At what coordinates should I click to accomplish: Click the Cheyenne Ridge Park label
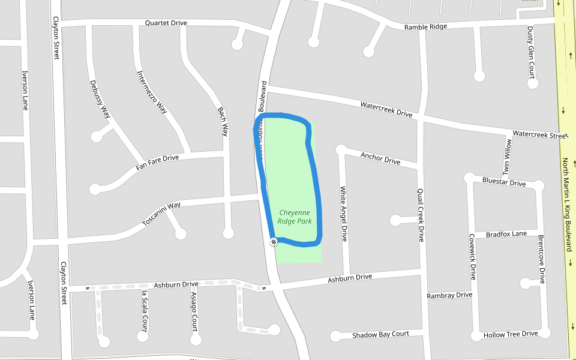[x=295, y=217]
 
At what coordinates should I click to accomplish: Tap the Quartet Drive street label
[x=166, y=23]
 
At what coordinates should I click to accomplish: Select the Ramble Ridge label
[x=425, y=27]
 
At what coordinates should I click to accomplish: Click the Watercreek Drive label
[x=386, y=109]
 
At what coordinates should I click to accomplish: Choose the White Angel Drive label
[x=344, y=214]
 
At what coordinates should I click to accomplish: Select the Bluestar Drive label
[x=503, y=182]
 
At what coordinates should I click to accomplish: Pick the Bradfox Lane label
[x=506, y=233]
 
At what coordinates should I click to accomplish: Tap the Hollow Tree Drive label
[x=511, y=334]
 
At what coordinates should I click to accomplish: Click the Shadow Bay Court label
[x=380, y=334]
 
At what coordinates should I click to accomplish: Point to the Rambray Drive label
[x=449, y=295]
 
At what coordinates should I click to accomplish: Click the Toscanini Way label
[x=161, y=214]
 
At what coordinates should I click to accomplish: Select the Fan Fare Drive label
[x=157, y=162]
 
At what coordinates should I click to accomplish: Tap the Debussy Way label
[x=100, y=98]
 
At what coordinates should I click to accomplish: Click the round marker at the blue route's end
[x=274, y=241]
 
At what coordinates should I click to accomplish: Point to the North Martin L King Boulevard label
[x=566, y=204]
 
